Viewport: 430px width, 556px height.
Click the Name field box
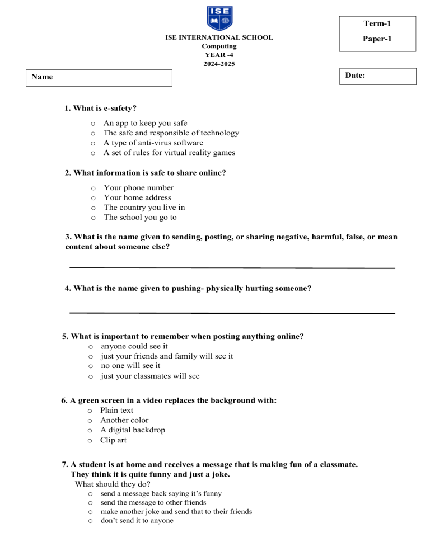100,78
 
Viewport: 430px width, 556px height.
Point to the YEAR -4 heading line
219,55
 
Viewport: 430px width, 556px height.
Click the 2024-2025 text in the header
219,64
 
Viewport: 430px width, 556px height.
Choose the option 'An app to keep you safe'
146,123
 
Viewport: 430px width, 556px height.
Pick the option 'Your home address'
138,197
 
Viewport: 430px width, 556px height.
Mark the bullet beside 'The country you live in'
93,208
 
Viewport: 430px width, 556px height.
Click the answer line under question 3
232,268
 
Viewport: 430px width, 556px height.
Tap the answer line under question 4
232,313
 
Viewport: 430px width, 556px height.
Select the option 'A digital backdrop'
133,430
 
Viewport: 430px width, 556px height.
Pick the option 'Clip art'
113,440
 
